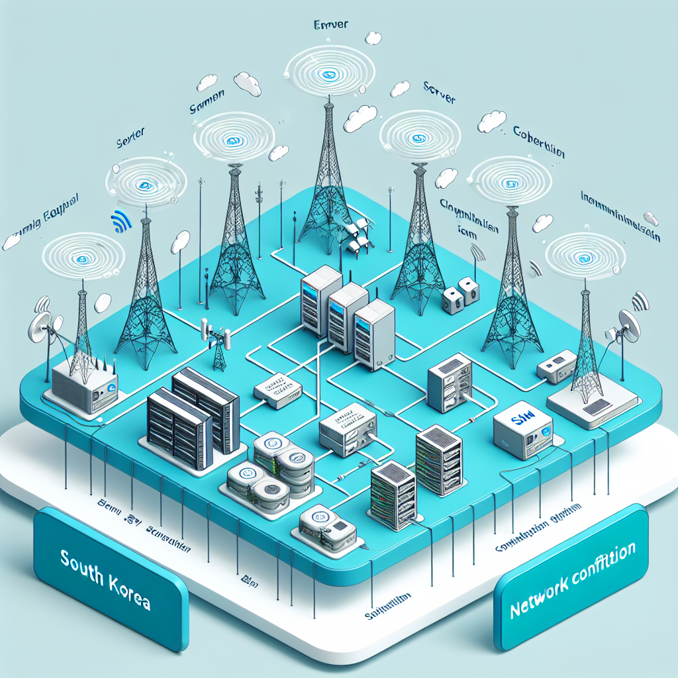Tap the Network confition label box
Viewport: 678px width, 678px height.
click(x=571, y=576)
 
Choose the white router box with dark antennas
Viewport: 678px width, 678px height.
click(x=83, y=384)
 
